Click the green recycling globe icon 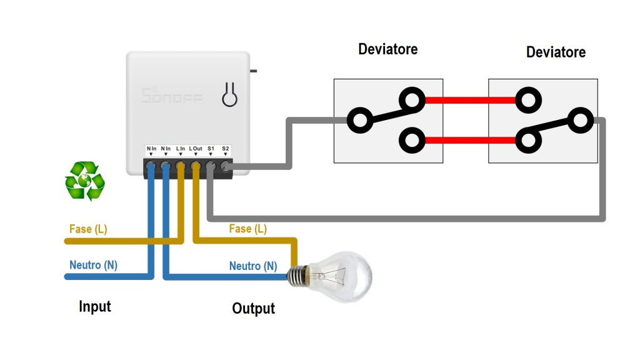(x=85, y=181)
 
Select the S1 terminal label (x=211, y=148)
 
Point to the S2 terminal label (x=226, y=148)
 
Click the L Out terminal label (x=196, y=148)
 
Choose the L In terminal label (x=180, y=148)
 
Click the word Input (x=95, y=306)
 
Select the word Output (x=253, y=309)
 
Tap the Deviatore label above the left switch (x=387, y=49)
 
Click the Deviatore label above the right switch (x=556, y=52)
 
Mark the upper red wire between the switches (x=470, y=99)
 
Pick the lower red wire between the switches (x=470, y=140)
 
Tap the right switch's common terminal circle (x=582, y=120)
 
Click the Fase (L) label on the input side (x=88, y=229)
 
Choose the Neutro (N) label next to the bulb (x=253, y=266)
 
